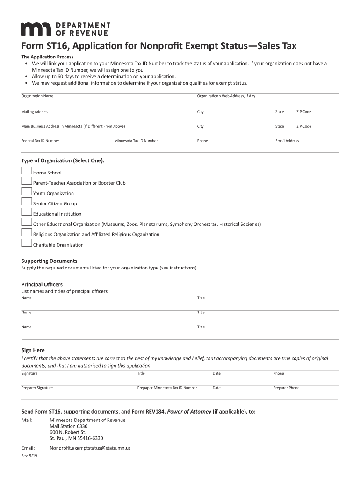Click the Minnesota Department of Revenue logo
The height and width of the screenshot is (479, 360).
65,29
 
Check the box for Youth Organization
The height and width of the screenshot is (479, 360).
27,192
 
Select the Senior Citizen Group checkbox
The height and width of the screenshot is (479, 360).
27,202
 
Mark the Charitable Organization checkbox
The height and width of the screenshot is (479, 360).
27,243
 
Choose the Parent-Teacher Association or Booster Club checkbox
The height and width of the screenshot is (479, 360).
27,181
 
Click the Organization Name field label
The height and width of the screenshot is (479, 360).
37,96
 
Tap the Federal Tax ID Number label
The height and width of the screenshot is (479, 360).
40,141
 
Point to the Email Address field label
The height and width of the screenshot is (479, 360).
287,141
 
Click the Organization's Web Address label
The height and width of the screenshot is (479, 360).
226,96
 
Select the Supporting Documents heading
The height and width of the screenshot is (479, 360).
50,261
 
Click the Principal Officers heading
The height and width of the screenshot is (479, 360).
42,284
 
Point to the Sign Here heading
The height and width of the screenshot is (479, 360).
33,350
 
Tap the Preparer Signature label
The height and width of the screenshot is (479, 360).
37,388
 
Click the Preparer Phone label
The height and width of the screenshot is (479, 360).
286,388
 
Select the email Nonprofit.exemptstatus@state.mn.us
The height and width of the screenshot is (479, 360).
90,448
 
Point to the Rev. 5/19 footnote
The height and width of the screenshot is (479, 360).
29,457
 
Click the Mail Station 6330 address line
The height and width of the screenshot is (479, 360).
69,426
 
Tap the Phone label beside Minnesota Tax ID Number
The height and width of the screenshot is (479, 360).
202,141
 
